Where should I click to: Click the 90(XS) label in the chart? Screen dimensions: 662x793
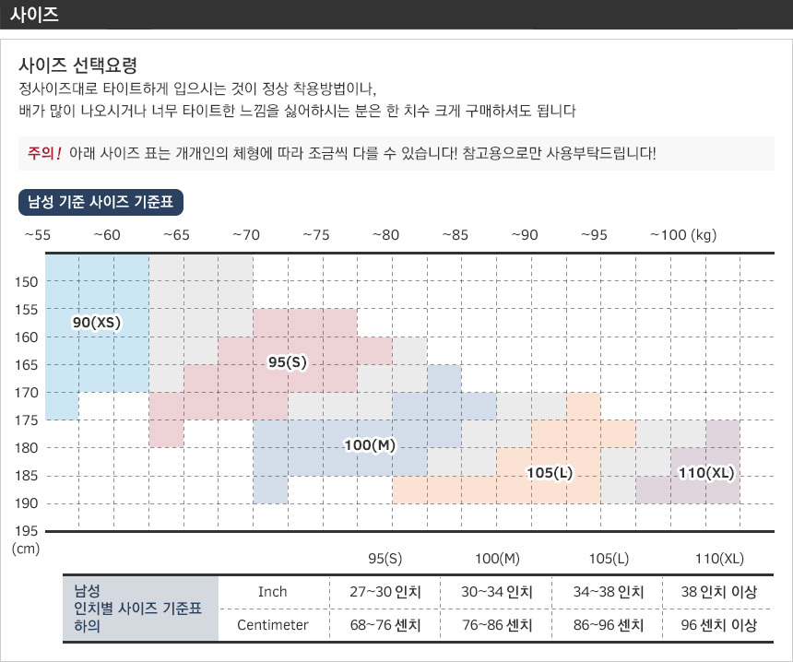(x=97, y=323)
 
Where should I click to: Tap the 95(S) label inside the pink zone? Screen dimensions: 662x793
(x=287, y=362)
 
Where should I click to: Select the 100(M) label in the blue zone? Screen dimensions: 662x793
(x=369, y=445)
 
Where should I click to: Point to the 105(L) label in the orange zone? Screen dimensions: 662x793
(x=550, y=473)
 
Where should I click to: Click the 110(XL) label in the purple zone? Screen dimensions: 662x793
(x=705, y=473)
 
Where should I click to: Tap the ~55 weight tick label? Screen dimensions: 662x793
(x=37, y=235)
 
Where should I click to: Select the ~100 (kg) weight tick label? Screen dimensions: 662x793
(x=683, y=235)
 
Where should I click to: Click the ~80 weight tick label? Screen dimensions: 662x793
(x=385, y=235)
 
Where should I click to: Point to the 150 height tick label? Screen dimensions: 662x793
(x=26, y=281)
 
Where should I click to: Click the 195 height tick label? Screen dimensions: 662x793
(x=26, y=531)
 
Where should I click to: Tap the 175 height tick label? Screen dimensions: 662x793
(x=26, y=420)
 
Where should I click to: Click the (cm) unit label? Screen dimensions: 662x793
(x=26, y=549)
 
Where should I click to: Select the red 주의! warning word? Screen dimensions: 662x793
(x=45, y=152)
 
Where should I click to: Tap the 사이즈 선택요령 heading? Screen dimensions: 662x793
(x=78, y=66)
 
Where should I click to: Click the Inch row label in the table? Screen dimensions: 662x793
(x=273, y=592)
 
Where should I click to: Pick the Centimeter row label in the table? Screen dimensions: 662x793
(x=273, y=625)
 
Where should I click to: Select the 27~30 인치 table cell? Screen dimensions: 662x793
(x=385, y=592)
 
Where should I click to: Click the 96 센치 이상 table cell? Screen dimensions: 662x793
(x=718, y=625)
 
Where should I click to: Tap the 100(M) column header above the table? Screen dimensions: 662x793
(x=498, y=559)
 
